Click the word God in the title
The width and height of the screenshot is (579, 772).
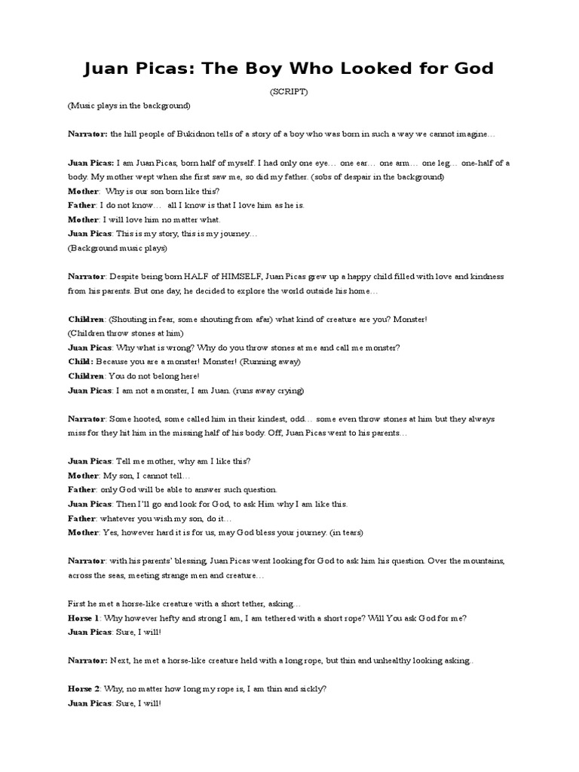pos(470,69)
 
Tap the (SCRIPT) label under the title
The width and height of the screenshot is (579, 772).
pos(289,91)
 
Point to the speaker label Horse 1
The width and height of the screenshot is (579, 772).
pos(83,618)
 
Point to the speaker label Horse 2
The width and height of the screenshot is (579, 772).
pos(83,689)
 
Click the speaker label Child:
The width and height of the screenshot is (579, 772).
pos(79,362)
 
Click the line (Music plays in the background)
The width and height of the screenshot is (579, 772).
pos(129,106)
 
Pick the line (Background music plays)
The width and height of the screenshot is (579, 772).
pos(118,248)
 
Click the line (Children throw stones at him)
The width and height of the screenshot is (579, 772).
pos(125,333)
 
